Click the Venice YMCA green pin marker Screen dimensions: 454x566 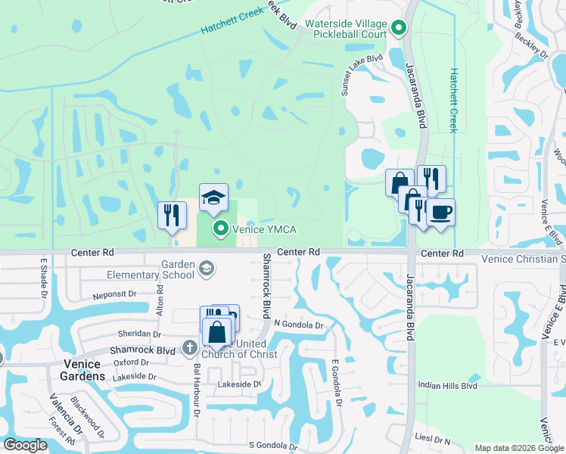point(220,227)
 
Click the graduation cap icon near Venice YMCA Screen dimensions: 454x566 point(213,197)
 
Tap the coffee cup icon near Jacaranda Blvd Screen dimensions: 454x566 point(440,212)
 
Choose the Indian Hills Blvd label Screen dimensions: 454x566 point(448,386)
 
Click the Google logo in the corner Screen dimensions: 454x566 point(26,445)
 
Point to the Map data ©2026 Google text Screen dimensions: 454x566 point(519,448)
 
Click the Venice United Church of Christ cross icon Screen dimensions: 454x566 point(190,348)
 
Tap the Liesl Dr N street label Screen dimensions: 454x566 point(434,440)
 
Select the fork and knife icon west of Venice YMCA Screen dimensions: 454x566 point(172,214)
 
